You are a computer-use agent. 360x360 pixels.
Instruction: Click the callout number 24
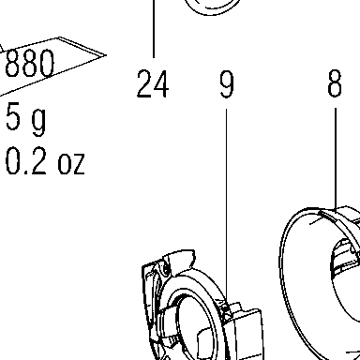[153, 83]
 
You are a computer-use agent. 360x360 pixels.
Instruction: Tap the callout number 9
[227, 83]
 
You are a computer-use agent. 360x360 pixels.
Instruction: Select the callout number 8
[335, 82]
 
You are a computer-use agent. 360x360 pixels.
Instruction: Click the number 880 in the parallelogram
[30, 64]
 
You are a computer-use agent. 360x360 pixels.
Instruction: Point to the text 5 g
[26, 119]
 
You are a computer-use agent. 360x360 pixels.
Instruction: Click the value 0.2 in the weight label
[26, 161]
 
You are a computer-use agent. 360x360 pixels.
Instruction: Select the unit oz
[71, 163]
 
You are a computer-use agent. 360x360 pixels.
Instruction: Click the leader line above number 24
[154, 29]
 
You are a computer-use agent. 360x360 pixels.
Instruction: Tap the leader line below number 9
[226, 208]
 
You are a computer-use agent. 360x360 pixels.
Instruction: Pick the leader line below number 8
[336, 158]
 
